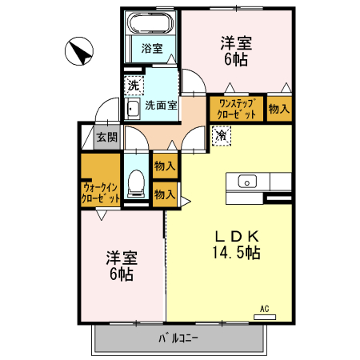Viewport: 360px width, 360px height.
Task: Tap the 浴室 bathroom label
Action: pos(152,48)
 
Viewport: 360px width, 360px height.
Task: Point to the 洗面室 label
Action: pos(162,105)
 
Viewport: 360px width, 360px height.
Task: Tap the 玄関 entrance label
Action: pos(107,137)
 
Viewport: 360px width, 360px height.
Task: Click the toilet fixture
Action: pos(136,183)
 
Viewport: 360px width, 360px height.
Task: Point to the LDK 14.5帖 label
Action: pos(235,244)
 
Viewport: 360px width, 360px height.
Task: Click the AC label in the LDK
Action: pos(263,308)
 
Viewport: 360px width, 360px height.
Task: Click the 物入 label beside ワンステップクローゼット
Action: pos(278,108)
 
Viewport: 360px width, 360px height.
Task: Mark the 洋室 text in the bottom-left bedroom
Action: pos(122,259)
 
